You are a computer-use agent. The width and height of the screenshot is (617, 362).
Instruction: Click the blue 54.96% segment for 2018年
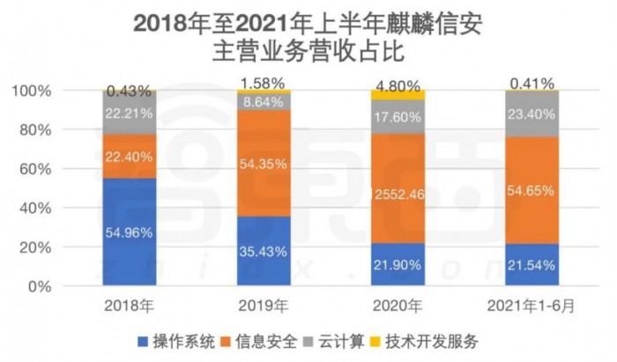coord(129,233)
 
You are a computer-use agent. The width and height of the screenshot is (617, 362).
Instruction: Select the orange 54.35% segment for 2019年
coord(264,163)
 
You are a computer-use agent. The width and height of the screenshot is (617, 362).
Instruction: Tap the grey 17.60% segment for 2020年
coord(398,117)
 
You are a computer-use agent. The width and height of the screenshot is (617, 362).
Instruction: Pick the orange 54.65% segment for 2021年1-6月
coord(532,190)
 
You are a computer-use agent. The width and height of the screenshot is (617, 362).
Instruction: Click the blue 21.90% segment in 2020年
coord(398,265)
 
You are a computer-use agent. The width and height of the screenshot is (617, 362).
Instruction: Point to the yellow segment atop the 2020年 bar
coord(398,95)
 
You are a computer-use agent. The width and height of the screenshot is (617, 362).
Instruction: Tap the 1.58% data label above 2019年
coord(264,84)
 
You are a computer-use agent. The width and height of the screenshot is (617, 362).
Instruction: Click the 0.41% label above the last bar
coord(532,85)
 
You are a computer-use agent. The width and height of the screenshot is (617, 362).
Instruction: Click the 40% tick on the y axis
coord(72,208)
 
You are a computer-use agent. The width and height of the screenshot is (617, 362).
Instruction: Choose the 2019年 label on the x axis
coord(264,307)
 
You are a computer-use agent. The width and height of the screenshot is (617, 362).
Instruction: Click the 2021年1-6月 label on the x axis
coord(532,307)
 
